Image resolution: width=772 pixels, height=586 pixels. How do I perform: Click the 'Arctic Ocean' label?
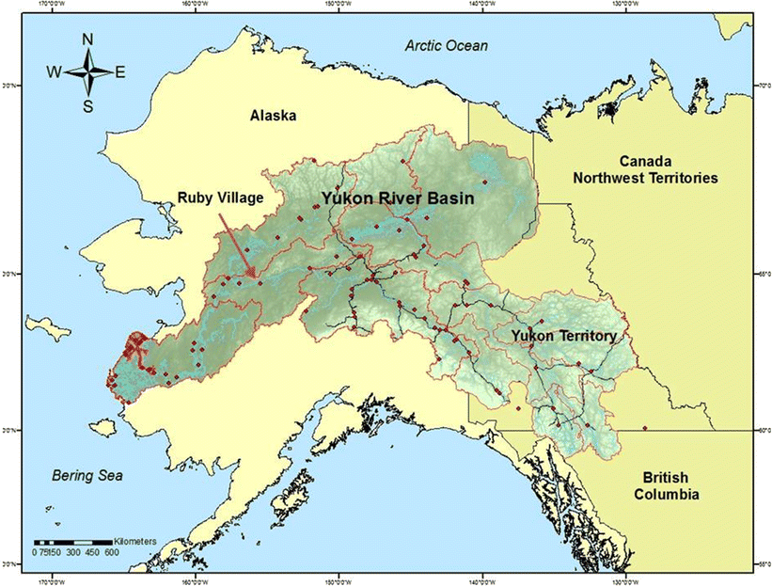tap(441, 45)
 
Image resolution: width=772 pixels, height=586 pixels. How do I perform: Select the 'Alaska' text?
tap(273, 116)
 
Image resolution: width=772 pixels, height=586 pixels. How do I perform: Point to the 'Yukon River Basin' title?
tap(398, 199)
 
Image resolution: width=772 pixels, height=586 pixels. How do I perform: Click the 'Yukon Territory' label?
tap(563, 335)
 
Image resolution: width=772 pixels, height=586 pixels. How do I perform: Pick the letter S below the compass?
tap(87, 106)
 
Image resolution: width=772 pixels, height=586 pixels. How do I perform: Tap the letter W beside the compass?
tap(55, 72)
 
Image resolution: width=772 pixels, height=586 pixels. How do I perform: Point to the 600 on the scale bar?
tap(111, 553)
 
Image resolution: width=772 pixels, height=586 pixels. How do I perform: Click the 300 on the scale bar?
tap(73, 553)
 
